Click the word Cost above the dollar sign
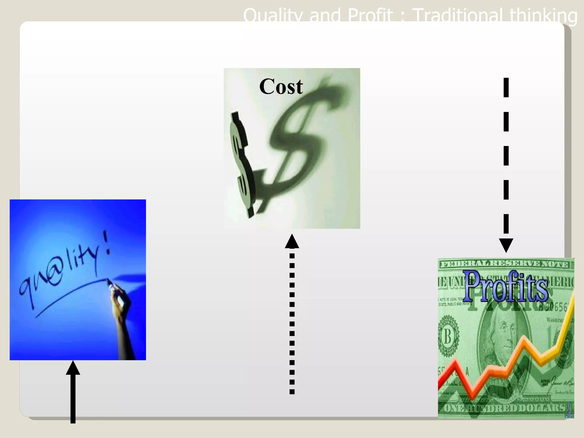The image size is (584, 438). (x=281, y=86)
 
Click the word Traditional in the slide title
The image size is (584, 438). (x=458, y=15)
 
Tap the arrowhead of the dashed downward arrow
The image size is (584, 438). (x=506, y=245)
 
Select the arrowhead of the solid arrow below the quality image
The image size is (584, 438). (x=73, y=368)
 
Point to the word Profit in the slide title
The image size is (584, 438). (x=370, y=15)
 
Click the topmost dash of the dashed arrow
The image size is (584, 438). (x=506, y=88)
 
